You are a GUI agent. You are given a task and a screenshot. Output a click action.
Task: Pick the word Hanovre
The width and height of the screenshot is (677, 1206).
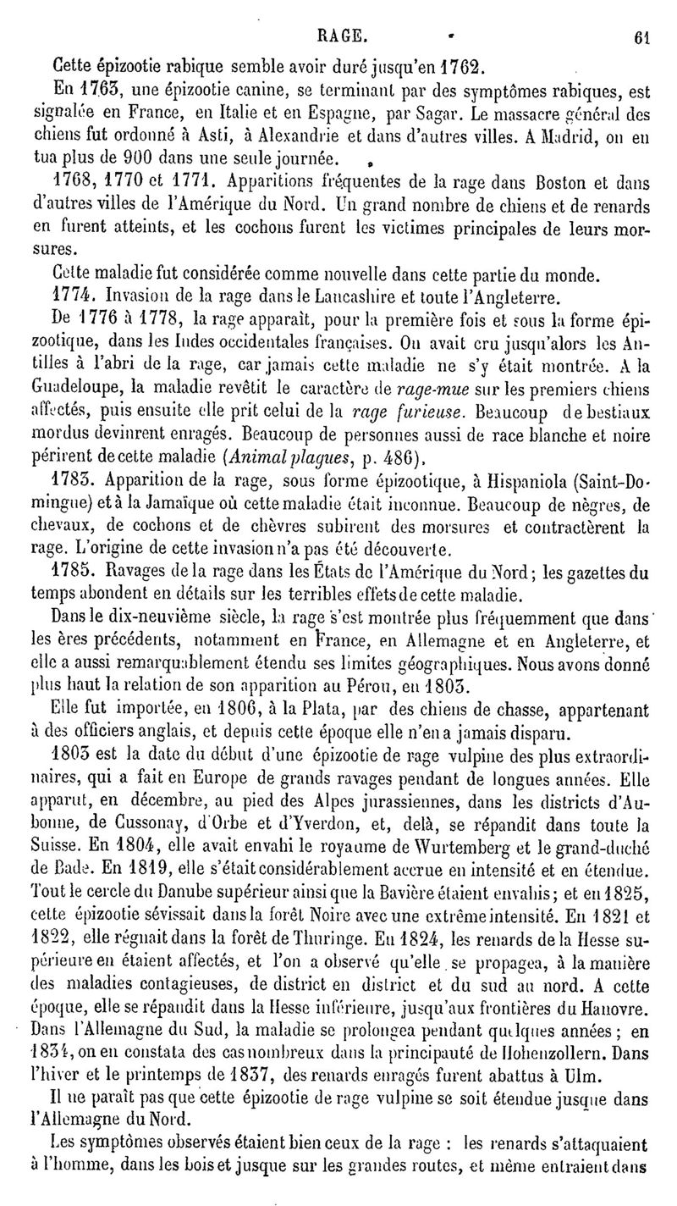point(620,1009)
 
